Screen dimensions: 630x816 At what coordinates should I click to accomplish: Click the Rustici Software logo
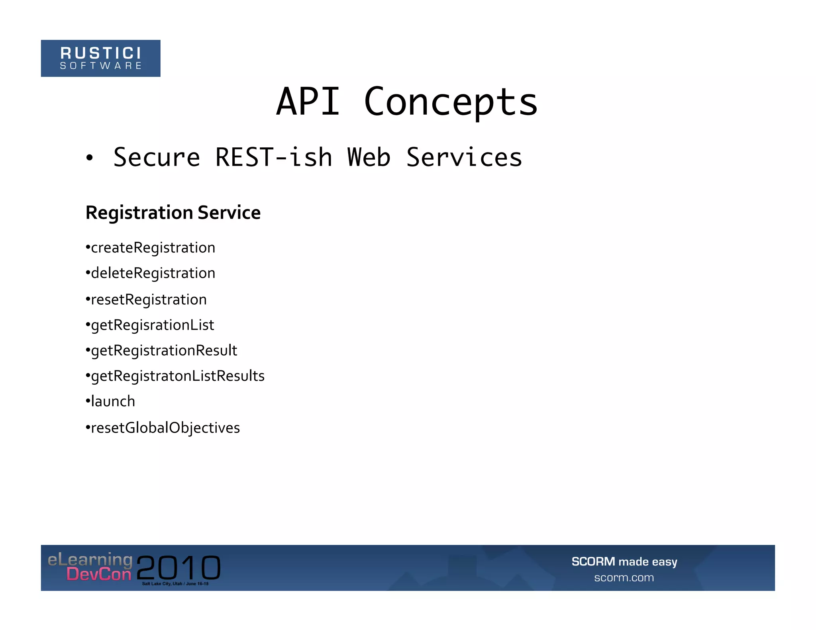point(100,58)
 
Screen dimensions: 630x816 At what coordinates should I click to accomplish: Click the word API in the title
point(308,102)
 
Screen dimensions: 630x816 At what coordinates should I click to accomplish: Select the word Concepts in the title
point(451,103)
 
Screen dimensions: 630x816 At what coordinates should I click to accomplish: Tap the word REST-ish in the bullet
point(274,157)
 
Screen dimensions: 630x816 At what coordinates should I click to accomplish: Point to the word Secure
point(157,157)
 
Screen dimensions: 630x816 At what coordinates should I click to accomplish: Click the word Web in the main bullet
point(369,157)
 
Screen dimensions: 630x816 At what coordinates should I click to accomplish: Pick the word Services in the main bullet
point(464,157)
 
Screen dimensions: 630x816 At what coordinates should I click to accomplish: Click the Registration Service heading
point(173,212)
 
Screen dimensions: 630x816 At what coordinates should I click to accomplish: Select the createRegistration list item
point(153,248)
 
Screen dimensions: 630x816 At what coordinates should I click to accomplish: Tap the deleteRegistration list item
point(153,273)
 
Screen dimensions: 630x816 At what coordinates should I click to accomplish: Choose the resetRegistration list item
point(149,299)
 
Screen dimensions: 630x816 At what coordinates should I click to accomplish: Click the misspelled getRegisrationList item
point(152,325)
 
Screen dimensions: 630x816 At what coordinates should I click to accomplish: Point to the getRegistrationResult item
point(164,350)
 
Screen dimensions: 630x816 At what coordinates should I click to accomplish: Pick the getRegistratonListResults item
point(178,376)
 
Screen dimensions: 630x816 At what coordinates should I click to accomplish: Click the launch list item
point(113,401)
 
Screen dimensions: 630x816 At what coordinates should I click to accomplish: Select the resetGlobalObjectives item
point(165,428)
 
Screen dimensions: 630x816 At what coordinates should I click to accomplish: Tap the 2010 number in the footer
point(178,567)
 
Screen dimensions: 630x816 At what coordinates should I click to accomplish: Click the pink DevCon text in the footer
point(99,574)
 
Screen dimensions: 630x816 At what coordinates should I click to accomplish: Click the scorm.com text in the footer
point(624,577)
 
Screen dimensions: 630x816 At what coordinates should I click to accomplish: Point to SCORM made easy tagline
point(624,562)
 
